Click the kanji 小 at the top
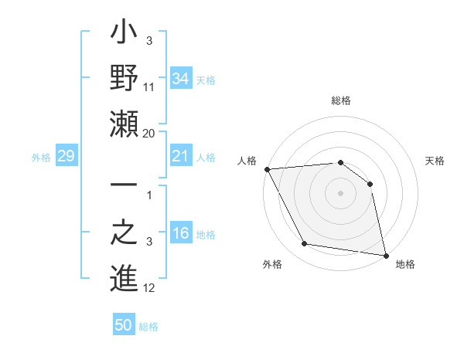[x=124, y=36]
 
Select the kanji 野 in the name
[x=124, y=78]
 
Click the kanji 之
[x=124, y=232]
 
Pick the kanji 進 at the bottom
[x=124, y=276]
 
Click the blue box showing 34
[x=181, y=78]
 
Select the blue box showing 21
[x=181, y=157]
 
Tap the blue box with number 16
[x=181, y=234]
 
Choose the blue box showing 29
[x=66, y=157]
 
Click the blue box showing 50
[x=124, y=325]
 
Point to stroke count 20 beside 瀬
[x=149, y=133]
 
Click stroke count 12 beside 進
[x=149, y=288]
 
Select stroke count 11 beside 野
[x=149, y=88]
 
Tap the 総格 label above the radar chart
[x=341, y=100]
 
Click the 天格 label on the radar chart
[x=435, y=161]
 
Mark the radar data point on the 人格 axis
[x=267, y=169]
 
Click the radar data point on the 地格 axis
[x=386, y=254]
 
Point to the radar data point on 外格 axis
[x=305, y=244]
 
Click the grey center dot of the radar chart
[x=341, y=193]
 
